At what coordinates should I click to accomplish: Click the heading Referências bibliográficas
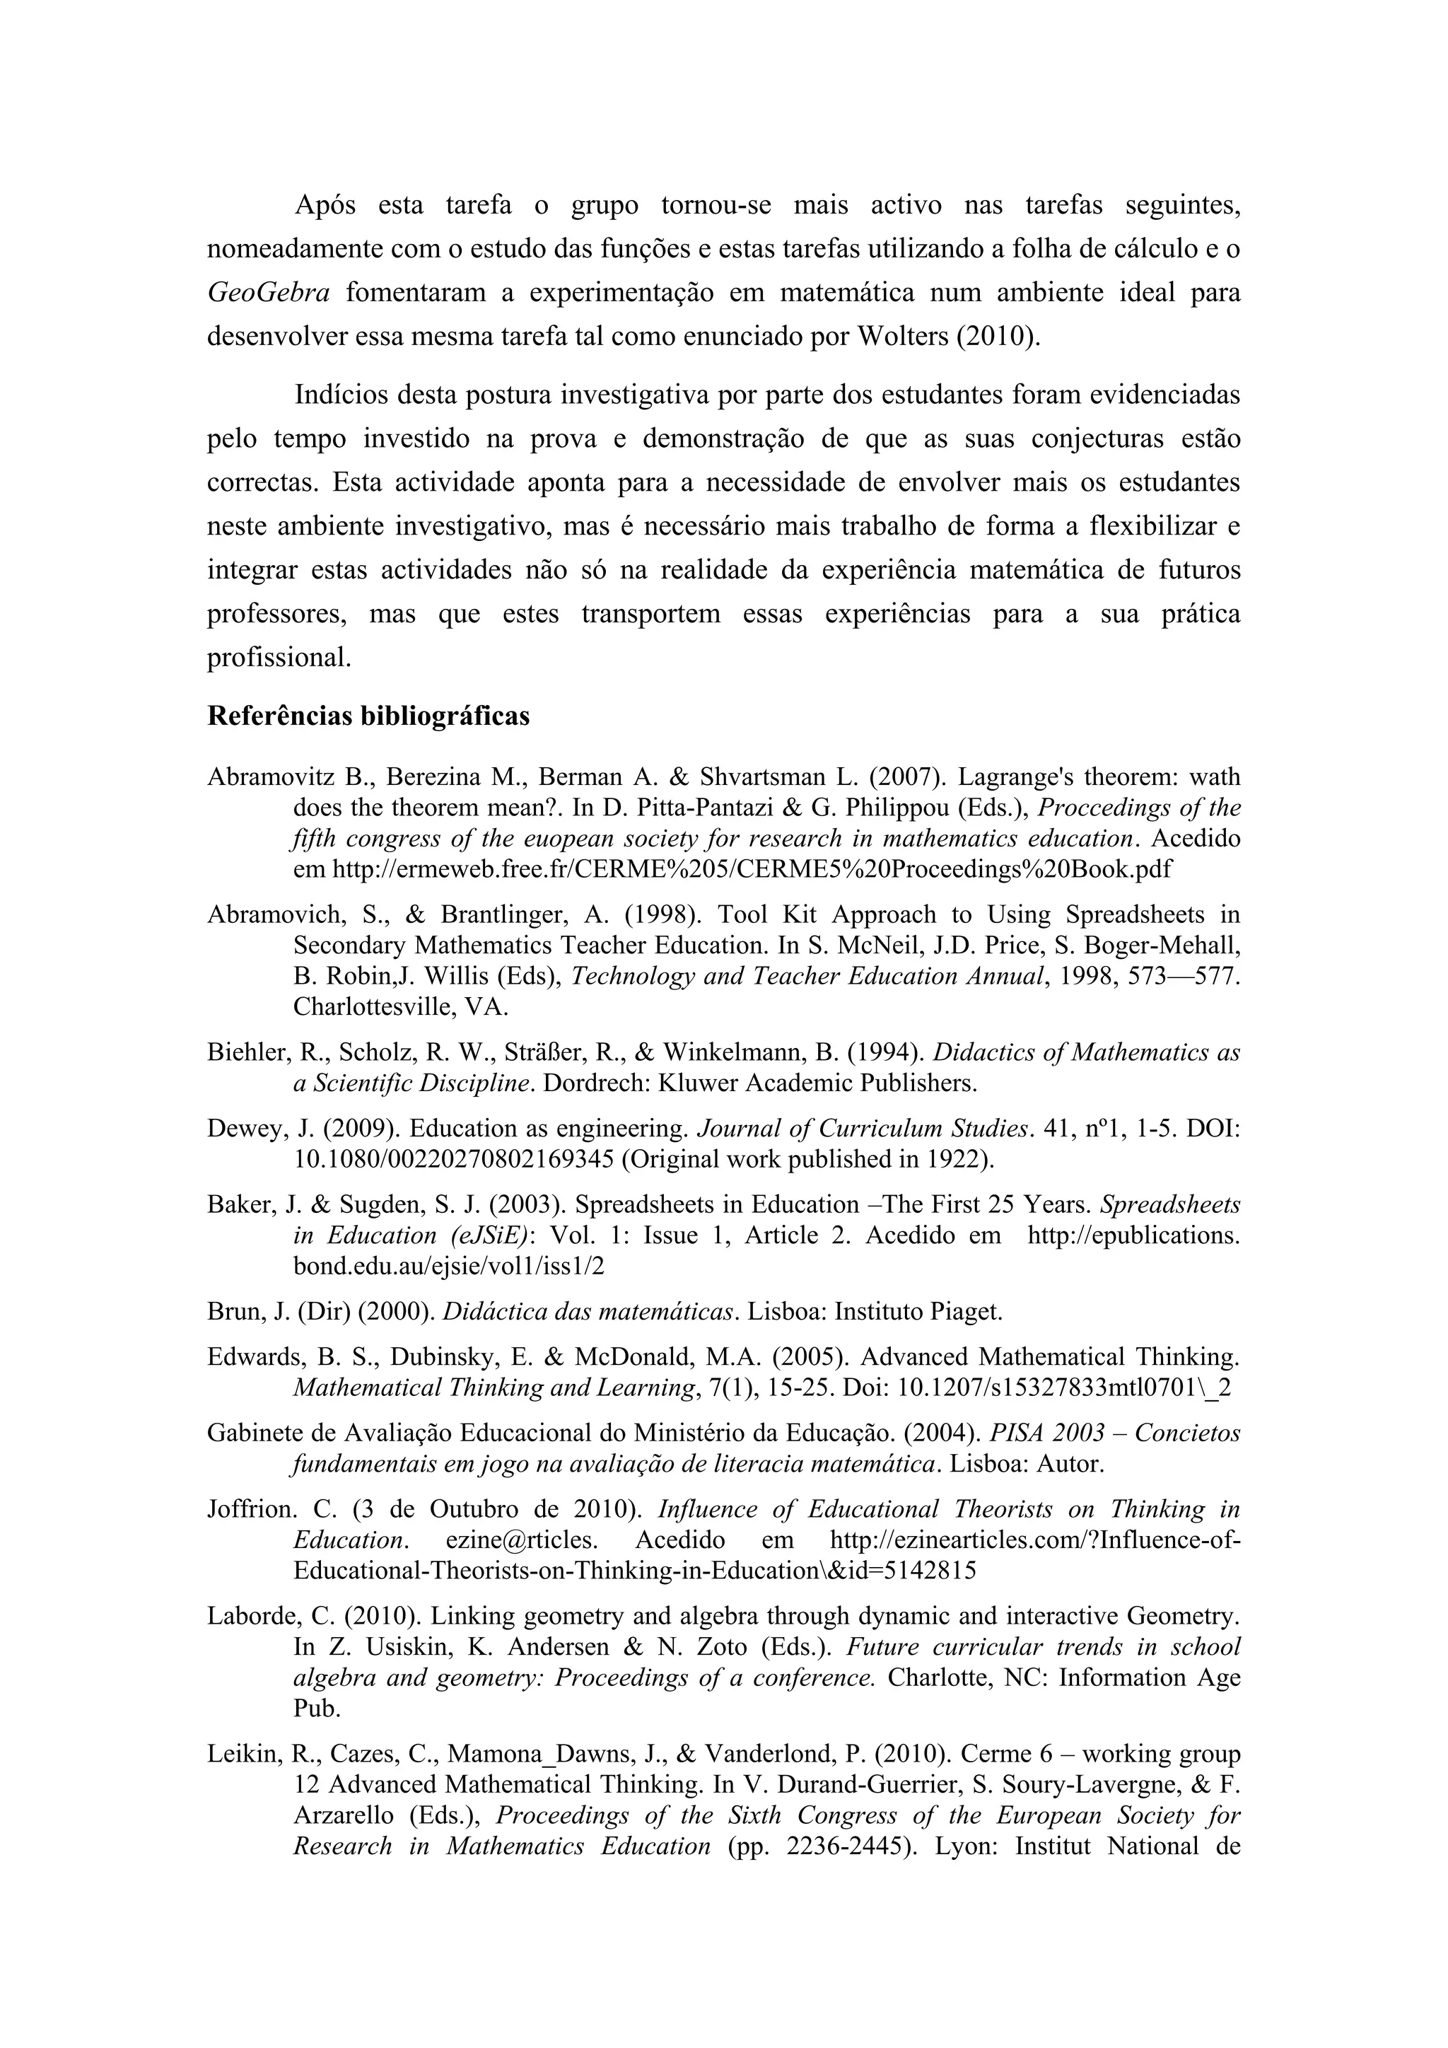point(368,716)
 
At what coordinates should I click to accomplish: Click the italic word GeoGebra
point(269,293)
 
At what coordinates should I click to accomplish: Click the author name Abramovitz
point(271,777)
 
